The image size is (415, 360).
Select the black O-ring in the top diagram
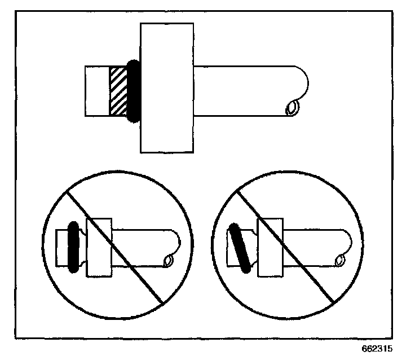[x=134, y=91]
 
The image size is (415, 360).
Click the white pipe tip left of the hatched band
[x=96, y=91]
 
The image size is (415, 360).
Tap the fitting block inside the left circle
[x=99, y=247]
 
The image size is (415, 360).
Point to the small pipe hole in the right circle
[x=340, y=261]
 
